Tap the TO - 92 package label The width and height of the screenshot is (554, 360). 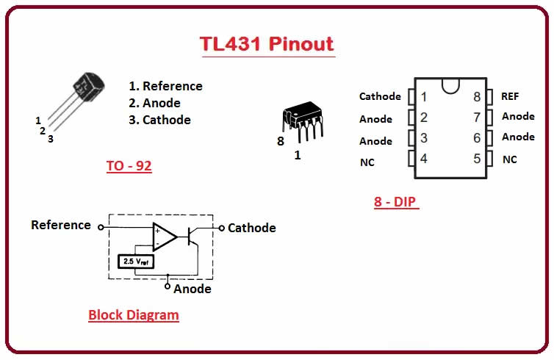[x=129, y=166]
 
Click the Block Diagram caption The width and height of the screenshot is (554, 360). [x=133, y=315]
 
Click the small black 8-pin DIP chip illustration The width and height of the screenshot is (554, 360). [x=301, y=118]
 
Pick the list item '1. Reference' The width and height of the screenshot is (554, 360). [x=165, y=86]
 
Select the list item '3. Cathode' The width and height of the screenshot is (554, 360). [x=159, y=120]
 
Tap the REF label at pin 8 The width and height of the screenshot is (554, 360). [x=510, y=96]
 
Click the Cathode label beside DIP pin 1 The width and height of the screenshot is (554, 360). [x=380, y=96]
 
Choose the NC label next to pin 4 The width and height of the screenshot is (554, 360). [x=367, y=162]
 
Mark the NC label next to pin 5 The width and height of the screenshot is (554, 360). [x=510, y=159]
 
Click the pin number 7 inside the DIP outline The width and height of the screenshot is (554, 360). [x=476, y=117]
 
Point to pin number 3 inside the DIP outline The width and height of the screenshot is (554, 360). [x=424, y=137]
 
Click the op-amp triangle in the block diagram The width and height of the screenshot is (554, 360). [x=164, y=236]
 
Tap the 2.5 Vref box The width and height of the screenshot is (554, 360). [x=136, y=260]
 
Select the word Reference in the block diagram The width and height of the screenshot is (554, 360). [x=61, y=225]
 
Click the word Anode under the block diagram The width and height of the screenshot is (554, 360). [x=193, y=289]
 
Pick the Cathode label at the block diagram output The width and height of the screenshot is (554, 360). [x=252, y=228]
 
